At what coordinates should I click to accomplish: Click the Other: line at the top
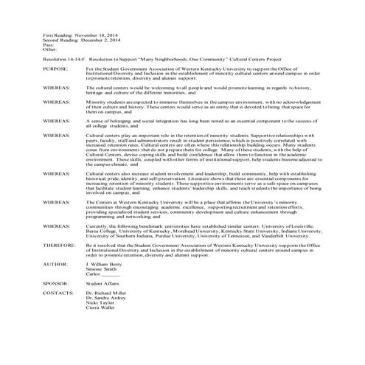50,49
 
